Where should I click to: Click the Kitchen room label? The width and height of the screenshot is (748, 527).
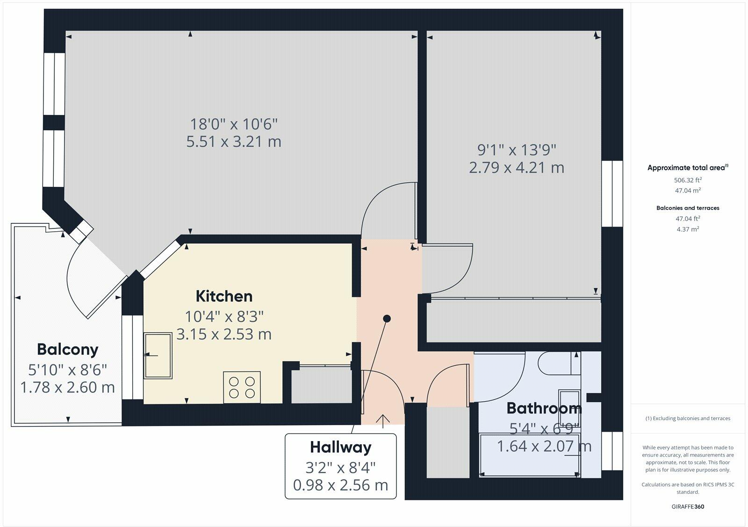point(224,296)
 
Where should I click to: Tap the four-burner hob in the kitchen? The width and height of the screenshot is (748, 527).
point(242,387)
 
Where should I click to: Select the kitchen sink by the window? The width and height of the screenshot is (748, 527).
point(158,356)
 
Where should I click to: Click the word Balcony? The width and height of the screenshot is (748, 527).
point(68,349)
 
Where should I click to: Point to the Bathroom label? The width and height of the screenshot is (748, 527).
point(544,408)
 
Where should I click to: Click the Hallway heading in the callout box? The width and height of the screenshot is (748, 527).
point(341,447)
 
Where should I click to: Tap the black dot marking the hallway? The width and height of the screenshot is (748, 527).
point(387,319)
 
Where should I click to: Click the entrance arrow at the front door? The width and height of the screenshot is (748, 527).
point(383,420)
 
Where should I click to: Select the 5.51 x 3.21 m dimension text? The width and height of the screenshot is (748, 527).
point(234,142)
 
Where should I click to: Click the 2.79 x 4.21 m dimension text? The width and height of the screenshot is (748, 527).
point(517,167)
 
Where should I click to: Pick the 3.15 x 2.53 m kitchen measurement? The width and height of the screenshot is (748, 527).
point(224,335)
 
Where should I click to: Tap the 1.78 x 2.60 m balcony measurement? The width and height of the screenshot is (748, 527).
point(68,387)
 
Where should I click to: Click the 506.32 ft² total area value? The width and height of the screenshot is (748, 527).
point(688,180)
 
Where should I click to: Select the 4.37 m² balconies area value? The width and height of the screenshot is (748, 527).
point(688,229)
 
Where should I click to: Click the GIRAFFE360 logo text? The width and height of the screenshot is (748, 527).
point(688,506)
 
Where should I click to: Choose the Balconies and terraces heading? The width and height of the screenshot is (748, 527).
point(688,208)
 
